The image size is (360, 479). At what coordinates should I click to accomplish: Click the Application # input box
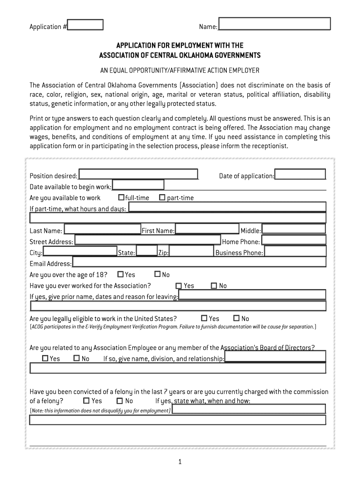coord(85,25)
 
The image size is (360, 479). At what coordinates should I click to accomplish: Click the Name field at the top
coord(274,24)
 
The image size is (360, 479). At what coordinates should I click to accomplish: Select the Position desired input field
coord(138,174)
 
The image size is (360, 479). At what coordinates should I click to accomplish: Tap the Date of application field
coord(300,174)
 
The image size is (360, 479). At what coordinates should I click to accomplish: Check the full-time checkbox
coord(121,197)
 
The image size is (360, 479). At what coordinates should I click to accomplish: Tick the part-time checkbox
coord(162,197)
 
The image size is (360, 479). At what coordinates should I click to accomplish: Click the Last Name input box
coord(102,229)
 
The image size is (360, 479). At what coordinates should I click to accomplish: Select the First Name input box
coord(207,229)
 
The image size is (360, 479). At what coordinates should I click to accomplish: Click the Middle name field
coord(294,229)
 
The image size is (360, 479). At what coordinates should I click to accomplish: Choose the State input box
coord(147,251)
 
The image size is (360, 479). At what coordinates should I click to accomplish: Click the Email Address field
coord(199,263)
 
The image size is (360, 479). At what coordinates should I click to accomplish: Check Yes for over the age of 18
coord(121,274)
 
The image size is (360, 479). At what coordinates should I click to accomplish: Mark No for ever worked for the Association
coord(214,286)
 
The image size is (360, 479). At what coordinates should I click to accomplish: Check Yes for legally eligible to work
coord(204,318)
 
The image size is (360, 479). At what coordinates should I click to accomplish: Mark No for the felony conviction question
coord(120,400)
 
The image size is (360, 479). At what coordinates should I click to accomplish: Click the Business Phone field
coord(295,251)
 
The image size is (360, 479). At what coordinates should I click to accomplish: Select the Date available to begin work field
coord(138,185)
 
